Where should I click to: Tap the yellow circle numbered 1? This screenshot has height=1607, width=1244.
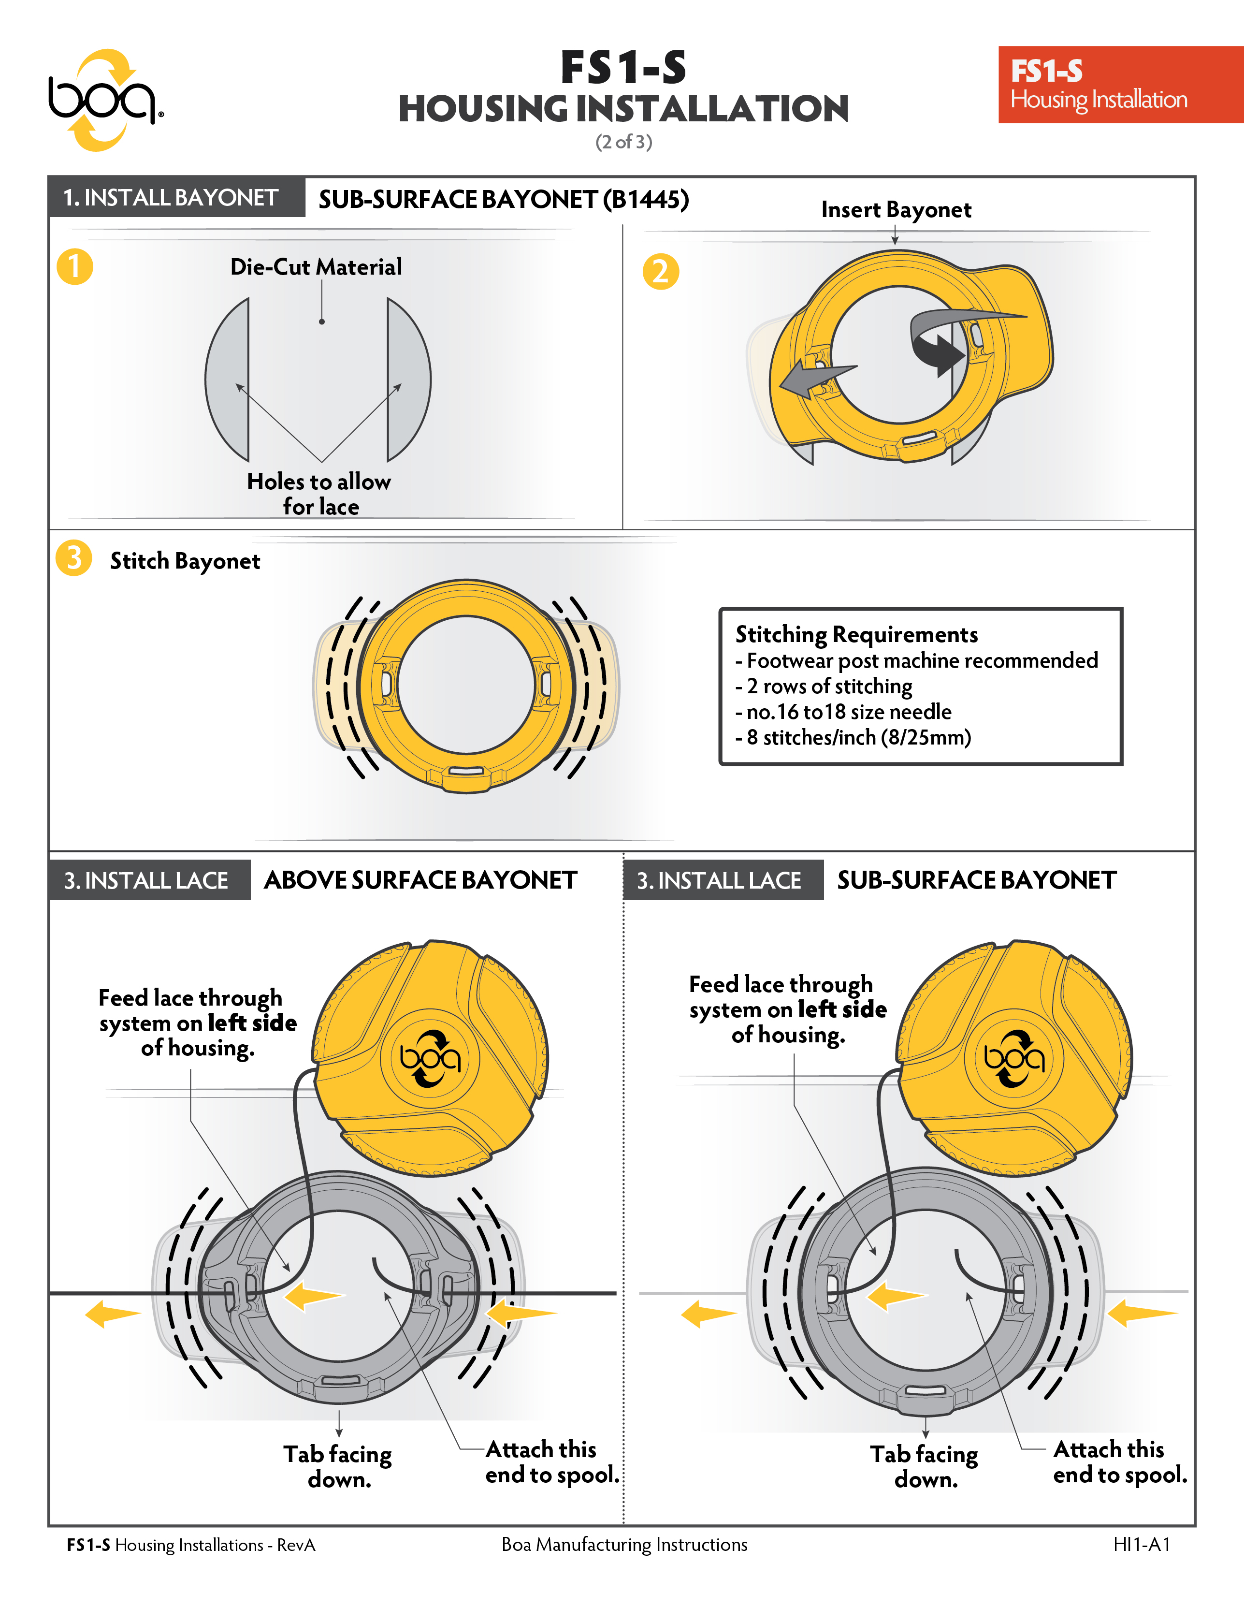pos(75,266)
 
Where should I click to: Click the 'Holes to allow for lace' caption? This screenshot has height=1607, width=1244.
pos(319,494)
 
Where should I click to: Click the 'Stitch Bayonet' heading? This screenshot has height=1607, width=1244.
pos(185,561)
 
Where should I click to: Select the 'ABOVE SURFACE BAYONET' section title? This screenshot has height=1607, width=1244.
pos(420,880)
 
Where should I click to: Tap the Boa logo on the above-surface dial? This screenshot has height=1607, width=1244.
pos(430,1058)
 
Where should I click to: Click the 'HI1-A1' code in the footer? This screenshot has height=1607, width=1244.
pos(1141,1545)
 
